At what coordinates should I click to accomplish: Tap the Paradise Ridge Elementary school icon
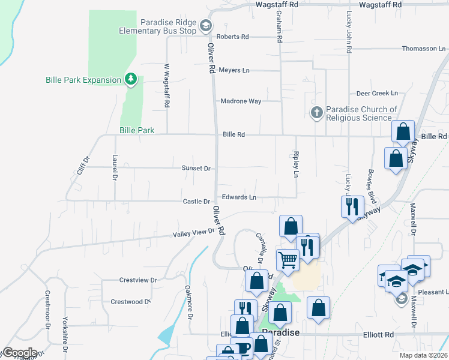[x=206, y=25]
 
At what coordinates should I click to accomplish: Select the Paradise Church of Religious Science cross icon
[x=316, y=112]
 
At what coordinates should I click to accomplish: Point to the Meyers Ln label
[x=234, y=70]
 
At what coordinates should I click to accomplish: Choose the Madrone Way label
[x=241, y=101]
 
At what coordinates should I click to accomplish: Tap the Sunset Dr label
[x=196, y=169]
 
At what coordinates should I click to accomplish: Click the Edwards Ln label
[x=239, y=197]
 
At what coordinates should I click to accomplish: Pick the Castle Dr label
[x=196, y=202]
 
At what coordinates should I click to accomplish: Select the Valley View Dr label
[x=194, y=233]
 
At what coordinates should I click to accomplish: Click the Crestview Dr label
[x=137, y=280]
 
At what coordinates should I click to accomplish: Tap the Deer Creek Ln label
[x=377, y=94]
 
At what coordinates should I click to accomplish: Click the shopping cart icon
[x=288, y=260]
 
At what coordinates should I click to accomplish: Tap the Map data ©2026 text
[x=424, y=355]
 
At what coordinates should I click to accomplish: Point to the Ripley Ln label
[x=296, y=164]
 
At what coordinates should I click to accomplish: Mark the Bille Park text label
[x=137, y=130]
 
